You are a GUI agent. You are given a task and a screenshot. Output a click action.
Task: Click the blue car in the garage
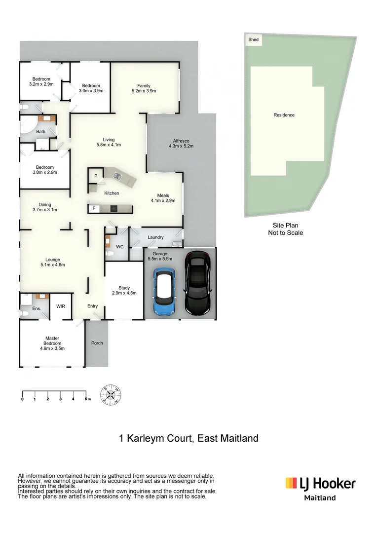click(164, 292)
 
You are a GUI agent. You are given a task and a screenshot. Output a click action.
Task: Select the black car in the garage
click(198, 283)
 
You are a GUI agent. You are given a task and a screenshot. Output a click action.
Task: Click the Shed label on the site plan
click(253, 39)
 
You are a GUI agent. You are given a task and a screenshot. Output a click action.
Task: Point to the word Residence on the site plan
click(284, 115)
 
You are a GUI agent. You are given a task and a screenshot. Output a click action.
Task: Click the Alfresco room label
click(181, 140)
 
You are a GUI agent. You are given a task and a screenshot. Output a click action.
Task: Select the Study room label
click(124, 288)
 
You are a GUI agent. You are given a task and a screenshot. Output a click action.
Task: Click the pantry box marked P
click(96, 176)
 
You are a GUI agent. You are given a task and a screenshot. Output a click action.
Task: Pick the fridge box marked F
click(93, 209)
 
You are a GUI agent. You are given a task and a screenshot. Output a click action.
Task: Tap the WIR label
click(61, 306)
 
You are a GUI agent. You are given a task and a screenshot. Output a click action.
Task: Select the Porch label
click(97, 343)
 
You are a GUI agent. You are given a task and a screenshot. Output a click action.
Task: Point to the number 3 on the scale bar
click(60, 399)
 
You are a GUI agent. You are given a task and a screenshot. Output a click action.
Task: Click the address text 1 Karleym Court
click(155, 438)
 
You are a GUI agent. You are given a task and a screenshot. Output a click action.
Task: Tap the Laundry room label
click(155, 238)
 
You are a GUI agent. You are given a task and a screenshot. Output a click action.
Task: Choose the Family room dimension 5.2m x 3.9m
click(144, 91)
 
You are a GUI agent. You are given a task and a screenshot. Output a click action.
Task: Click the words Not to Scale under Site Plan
click(285, 233)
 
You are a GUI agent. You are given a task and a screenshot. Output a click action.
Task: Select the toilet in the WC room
click(111, 254)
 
